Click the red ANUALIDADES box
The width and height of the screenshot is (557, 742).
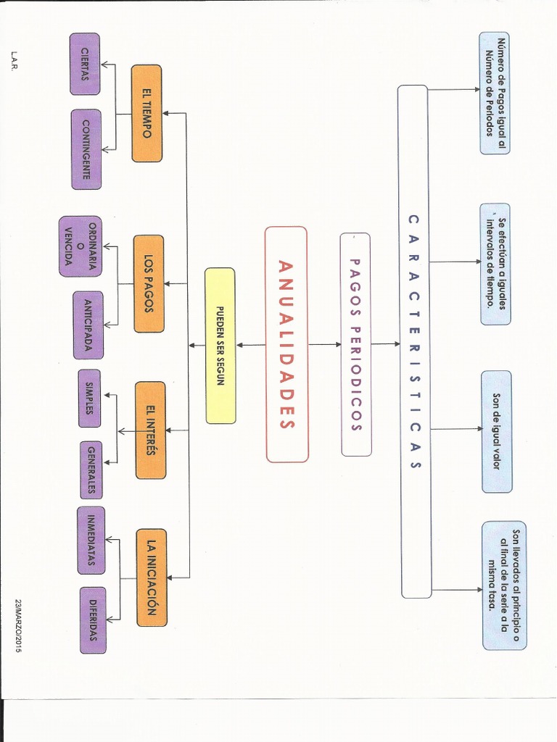[x=286, y=344]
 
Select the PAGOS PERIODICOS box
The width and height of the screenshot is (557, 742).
[x=355, y=344]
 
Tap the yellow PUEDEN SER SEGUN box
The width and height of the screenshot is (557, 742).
[x=220, y=346]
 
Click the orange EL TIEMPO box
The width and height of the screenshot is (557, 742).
[x=147, y=114]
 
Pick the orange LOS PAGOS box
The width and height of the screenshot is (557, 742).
[x=149, y=283]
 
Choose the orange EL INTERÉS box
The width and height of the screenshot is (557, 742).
[x=151, y=430]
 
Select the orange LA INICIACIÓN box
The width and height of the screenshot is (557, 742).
[x=152, y=578]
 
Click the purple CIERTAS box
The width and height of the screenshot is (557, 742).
[x=85, y=64]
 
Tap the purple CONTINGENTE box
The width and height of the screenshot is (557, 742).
[x=86, y=149]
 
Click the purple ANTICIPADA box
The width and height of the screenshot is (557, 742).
[x=88, y=325]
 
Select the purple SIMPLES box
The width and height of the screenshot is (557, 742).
[x=89, y=399]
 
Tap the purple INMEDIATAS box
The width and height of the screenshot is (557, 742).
[x=91, y=541]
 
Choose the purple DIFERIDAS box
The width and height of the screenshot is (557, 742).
[x=93, y=620]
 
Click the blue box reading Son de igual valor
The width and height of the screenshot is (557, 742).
[x=497, y=432]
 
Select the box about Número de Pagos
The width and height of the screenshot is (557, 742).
[x=495, y=93]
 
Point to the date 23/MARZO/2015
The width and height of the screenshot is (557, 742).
[x=18, y=625]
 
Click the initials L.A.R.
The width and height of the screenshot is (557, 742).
[x=14, y=62]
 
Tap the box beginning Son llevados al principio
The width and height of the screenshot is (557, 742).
[x=505, y=585]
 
